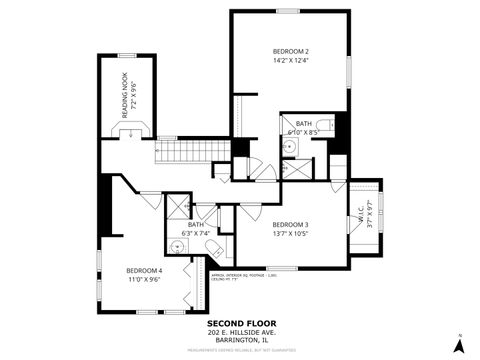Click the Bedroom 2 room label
click(290, 51)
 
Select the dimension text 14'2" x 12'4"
click(290, 61)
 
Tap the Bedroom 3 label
click(290, 224)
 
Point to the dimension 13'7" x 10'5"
click(290, 234)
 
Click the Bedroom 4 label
click(144, 270)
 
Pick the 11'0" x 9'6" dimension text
click(144, 280)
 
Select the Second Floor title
click(240, 323)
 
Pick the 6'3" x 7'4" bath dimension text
click(196, 234)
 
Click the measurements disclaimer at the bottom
click(240, 351)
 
